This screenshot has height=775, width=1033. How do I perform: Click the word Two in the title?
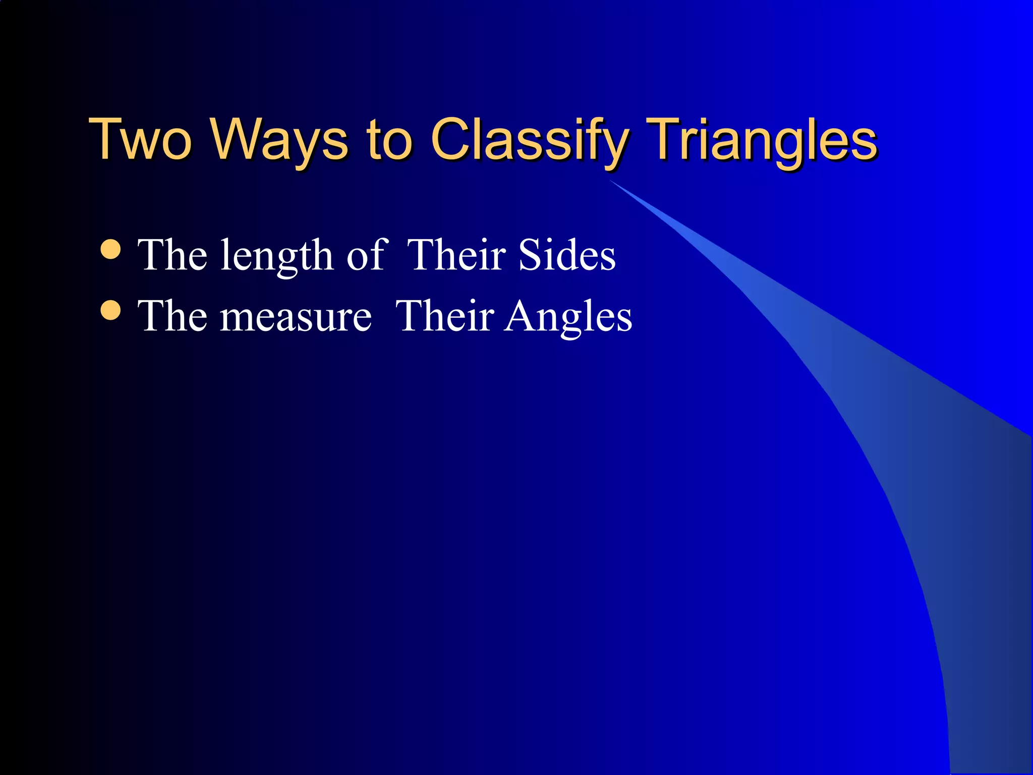(140, 139)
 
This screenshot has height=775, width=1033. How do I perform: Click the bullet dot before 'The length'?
(110, 249)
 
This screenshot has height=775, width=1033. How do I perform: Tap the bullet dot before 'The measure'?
(110, 310)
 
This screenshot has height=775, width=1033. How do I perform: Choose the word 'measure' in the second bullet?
(296, 318)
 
